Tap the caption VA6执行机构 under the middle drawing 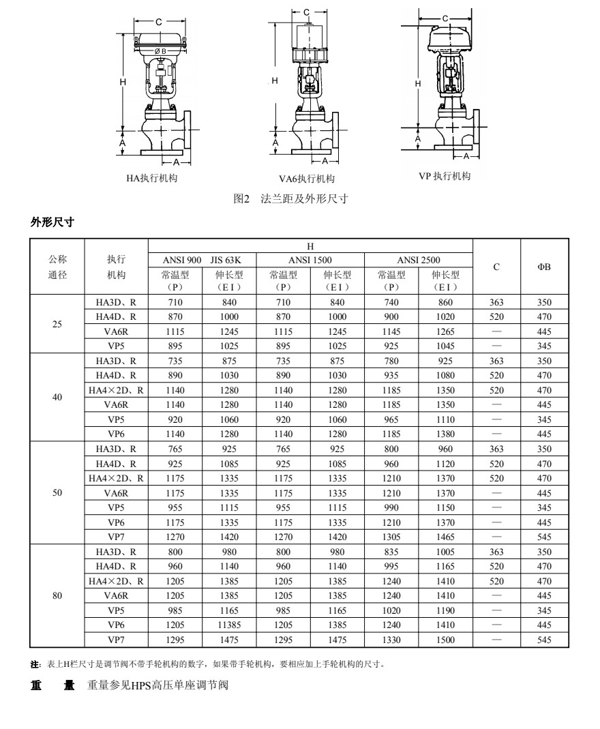click(x=307, y=179)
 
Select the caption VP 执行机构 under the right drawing click(x=445, y=176)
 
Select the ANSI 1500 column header click(x=310, y=260)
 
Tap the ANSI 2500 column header click(x=419, y=260)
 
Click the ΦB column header click(x=544, y=267)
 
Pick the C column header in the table click(x=496, y=267)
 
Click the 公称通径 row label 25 click(x=57, y=324)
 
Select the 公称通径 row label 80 click(x=57, y=595)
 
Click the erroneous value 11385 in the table click(x=230, y=625)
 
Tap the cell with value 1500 click(x=446, y=640)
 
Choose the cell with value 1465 click(x=446, y=537)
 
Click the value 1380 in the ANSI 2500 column click(x=446, y=434)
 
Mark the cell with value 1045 click(x=446, y=346)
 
